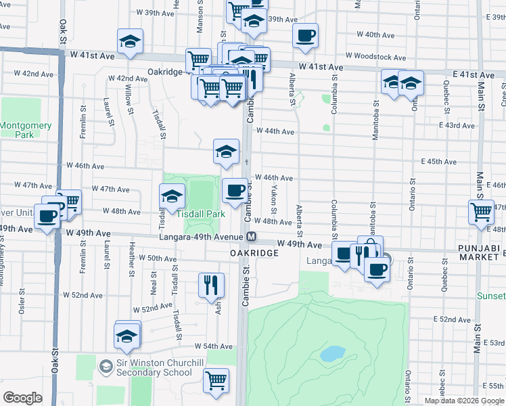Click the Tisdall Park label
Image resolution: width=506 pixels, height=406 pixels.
pyautogui.click(x=201, y=214)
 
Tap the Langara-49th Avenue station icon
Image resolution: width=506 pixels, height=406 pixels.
pyautogui.click(x=251, y=236)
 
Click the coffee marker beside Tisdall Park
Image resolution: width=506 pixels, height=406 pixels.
pyautogui.click(x=235, y=191)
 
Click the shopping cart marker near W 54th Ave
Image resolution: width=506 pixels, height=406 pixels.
pyautogui.click(x=216, y=380)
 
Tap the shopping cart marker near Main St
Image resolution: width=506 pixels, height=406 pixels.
pyautogui.click(x=481, y=210)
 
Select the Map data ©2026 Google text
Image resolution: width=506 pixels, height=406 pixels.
pyautogui.click(x=464, y=401)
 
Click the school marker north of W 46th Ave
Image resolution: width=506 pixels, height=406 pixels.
pyautogui.click(x=226, y=152)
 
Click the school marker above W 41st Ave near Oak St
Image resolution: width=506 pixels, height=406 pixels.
pyautogui.click(x=130, y=41)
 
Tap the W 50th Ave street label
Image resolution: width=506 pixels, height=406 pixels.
pyautogui.click(x=157, y=258)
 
